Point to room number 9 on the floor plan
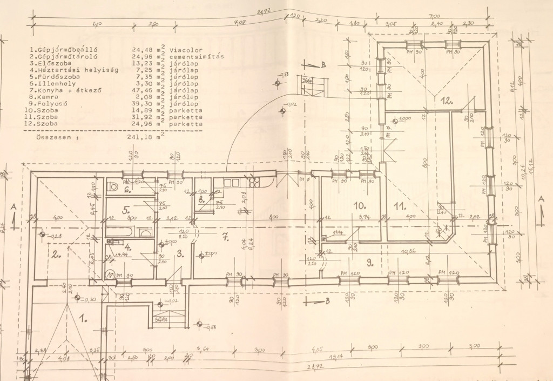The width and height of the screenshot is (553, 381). [x=369, y=263]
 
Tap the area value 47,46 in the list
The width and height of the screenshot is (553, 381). [x=142, y=90]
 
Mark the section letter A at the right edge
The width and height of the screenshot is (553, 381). [x=541, y=199]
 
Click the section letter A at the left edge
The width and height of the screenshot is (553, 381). [x=12, y=206]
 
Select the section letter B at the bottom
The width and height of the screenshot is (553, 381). [x=327, y=301]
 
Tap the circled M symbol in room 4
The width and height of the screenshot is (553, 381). [x=112, y=275]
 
